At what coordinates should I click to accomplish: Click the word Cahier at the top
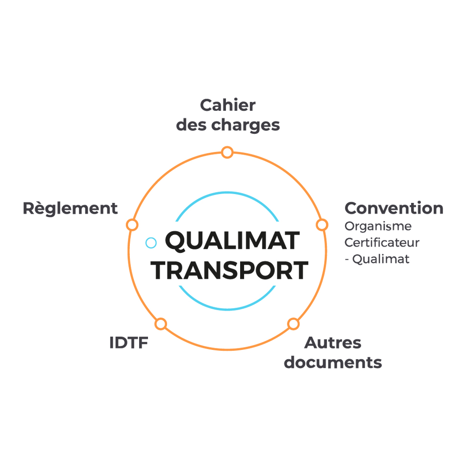pyautogui.click(x=228, y=105)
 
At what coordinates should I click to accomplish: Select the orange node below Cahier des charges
pyautogui.click(x=227, y=152)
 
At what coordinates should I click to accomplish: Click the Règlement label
pyautogui.click(x=70, y=208)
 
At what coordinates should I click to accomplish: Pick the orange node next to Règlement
pyautogui.click(x=132, y=225)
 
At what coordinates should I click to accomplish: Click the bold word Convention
pyautogui.click(x=393, y=208)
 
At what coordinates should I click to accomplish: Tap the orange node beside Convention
pyautogui.click(x=322, y=225)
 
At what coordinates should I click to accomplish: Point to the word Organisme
pyautogui.click(x=378, y=226)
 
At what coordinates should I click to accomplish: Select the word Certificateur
pyautogui.click(x=382, y=243)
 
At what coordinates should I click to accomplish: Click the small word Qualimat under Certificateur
pyautogui.click(x=381, y=259)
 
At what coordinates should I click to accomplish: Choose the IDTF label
pyautogui.click(x=128, y=343)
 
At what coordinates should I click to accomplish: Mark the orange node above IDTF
pyautogui.click(x=161, y=324)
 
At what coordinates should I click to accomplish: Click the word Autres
pyautogui.click(x=333, y=343)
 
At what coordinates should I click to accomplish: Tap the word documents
pyautogui.click(x=333, y=363)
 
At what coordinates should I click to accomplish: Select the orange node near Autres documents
pyautogui.click(x=293, y=324)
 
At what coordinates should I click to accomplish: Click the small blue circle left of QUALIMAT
pyautogui.click(x=151, y=243)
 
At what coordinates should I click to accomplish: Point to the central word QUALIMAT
pyautogui.click(x=232, y=241)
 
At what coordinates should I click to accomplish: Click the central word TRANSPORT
pyautogui.click(x=230, y=270)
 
